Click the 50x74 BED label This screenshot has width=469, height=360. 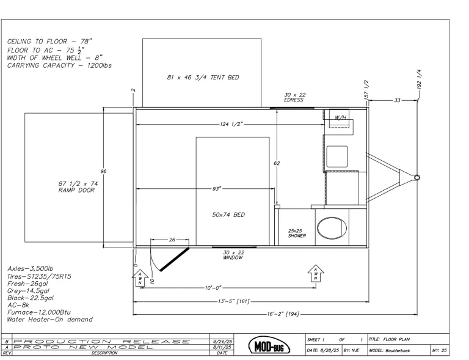coord(228,215)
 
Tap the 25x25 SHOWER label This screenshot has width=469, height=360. coord(297,233)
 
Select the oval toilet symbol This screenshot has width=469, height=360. coord(332,228)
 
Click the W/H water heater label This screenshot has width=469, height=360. coord(340,117)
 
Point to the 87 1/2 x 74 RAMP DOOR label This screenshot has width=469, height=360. coord(78,187)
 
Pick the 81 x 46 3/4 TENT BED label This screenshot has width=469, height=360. coord(203,78)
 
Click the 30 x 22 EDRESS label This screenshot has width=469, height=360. coord(294,97)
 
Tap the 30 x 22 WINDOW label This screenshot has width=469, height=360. coord(233,255)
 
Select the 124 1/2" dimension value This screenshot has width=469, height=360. coord(232,124)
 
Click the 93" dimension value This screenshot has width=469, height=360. coord(216,189)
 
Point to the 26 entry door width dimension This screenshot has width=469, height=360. coord(172,240)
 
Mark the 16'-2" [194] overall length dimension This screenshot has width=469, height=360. coord(283,314)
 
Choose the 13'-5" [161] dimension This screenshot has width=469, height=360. coord(234,301)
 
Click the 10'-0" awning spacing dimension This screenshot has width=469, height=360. coord(213,288)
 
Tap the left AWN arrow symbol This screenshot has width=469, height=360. coord(140,278)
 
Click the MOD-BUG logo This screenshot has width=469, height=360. coord(269,345)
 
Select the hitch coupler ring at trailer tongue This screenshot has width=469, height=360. coord(417,177)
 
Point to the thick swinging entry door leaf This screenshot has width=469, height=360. coord(175,259)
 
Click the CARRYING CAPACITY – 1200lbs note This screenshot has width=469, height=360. coord(59,65)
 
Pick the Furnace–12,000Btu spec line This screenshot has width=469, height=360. coord(39,312)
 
